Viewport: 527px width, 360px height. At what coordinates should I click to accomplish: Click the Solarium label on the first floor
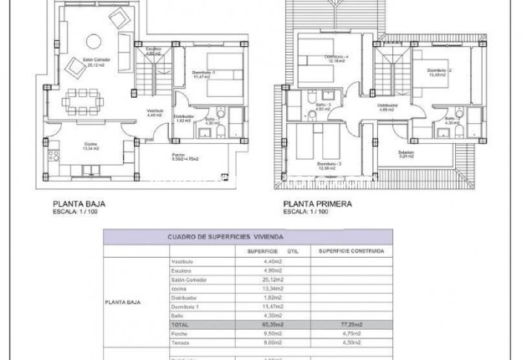point(407,154)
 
